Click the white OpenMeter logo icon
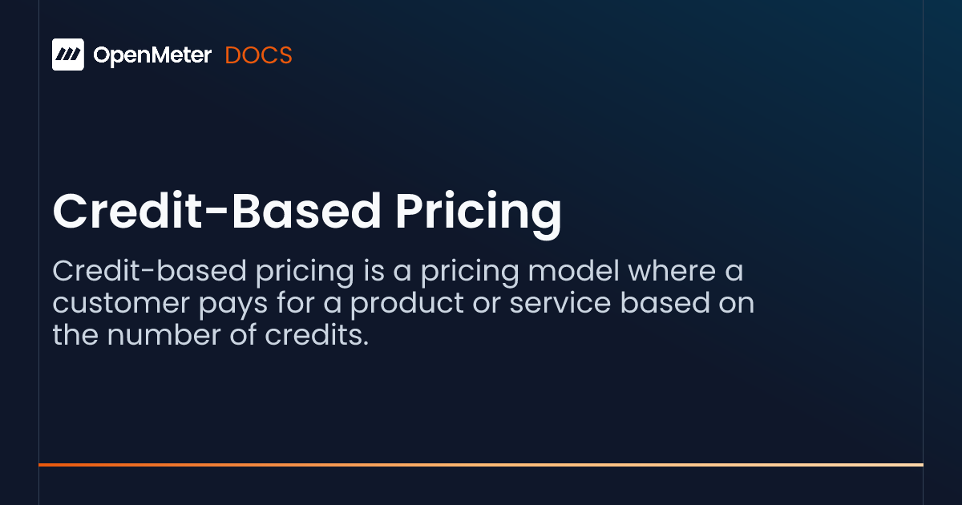click(x=68, y=55)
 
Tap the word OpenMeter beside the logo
click(x=152, y=55)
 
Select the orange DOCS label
click(x=258, y=55)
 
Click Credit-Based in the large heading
click(x=216, y=212)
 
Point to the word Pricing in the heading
click(x=479, y=212)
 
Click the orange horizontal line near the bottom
click(x=481, y=464)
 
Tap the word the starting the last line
click(x=75, y=336)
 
